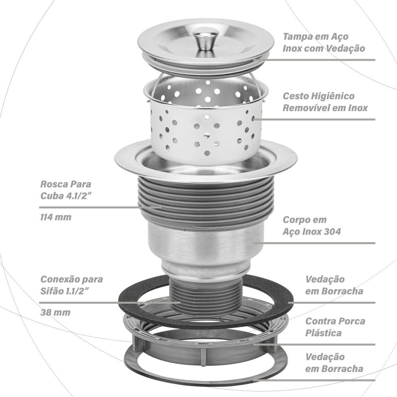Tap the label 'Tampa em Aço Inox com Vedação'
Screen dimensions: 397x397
point(324,42)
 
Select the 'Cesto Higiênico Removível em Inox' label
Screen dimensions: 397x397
point(325,102)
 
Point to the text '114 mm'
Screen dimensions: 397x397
point(56,217)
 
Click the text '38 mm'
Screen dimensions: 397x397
point(55,312)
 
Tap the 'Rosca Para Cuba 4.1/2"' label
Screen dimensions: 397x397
point(66,190)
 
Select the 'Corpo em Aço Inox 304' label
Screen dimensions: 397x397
point(312,225)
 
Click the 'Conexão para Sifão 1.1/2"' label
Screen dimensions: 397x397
point(71,285)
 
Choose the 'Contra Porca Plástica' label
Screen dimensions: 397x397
point(335,327)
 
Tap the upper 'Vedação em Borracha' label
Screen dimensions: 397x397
point(334,285)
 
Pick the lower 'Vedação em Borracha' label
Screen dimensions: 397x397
point(334,362)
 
